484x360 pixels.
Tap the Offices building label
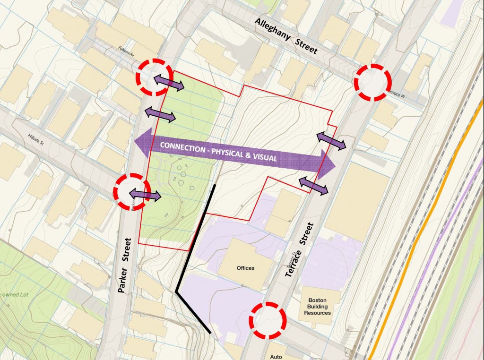click(x=245, y=268)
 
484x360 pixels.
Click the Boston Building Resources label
click(x=317, y=306)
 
